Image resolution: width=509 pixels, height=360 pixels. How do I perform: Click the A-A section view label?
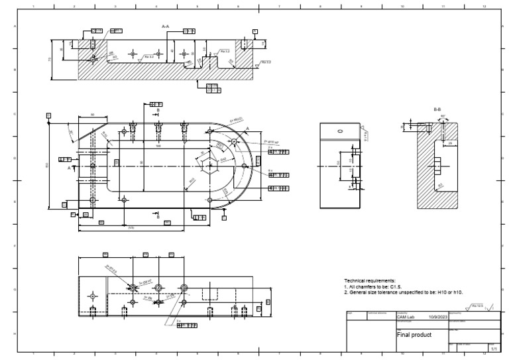(x=166, y=26)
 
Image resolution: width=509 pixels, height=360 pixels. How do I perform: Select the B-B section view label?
(x=437, y=108)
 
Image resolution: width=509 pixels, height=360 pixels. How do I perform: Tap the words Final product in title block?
(x=414, y=335)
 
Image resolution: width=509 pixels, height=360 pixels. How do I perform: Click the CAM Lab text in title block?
(x=405, y=317)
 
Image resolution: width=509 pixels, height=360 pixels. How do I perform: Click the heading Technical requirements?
(x=369, y=281)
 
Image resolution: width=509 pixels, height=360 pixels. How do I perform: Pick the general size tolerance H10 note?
(x=403, y=292)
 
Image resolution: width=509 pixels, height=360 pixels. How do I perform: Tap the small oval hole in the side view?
(x=339, y=131)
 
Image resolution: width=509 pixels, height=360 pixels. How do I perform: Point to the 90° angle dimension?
(x=442, y=117)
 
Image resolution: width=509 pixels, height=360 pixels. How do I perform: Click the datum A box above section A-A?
(x=254, y=31)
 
